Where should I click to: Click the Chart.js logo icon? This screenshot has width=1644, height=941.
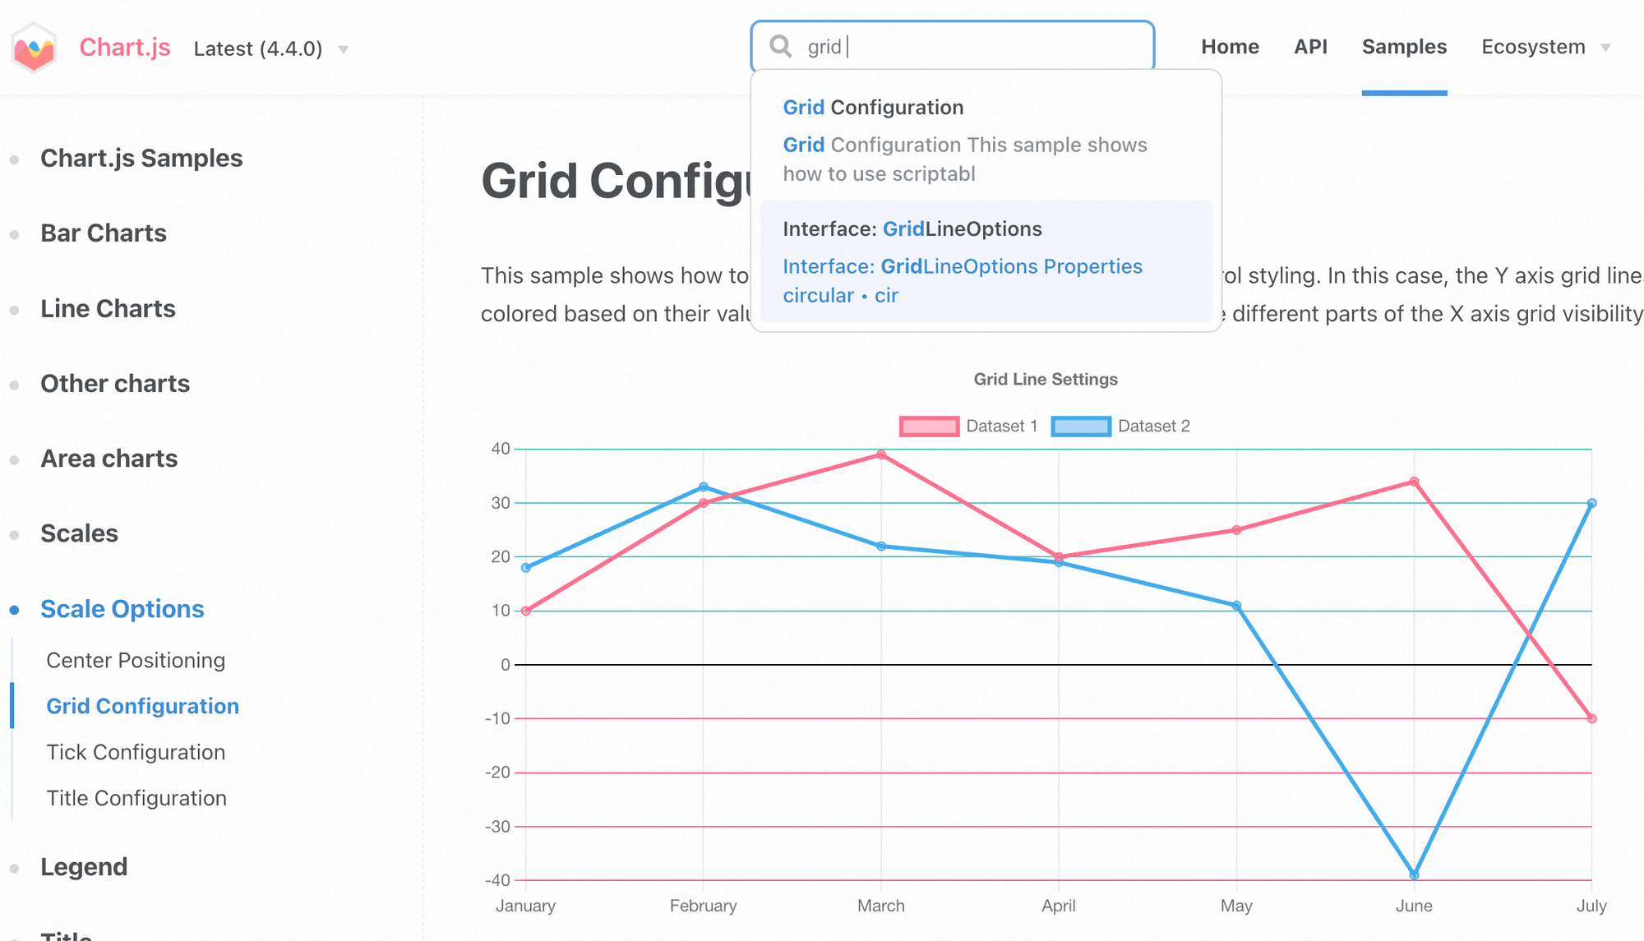(x=34, y=48)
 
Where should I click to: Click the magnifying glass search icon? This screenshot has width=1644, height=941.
(x=780, y=46)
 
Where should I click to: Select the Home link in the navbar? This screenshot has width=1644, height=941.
(x=1230, y=47)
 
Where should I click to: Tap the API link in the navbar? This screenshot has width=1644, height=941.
(x=1310, y=47)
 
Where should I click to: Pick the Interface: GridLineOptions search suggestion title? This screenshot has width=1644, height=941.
(x=912, y=228)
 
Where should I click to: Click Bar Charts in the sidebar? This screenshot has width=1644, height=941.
(x=104, y=233)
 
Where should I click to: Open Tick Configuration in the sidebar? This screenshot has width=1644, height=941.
(x=136, y=752)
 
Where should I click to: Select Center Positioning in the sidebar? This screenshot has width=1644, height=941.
(x=136, y=660)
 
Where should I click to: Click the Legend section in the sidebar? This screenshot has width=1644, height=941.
(x=84, y=867)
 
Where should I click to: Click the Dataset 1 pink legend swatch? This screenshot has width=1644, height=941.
(x=929, y=426)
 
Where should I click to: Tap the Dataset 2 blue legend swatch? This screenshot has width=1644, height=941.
(x=1081, y=426)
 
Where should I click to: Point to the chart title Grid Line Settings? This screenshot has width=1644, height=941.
(x=1046, y=379)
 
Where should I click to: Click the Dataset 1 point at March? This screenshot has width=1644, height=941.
(x=881, y=454)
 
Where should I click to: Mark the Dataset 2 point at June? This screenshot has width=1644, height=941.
(x=1414, y=875)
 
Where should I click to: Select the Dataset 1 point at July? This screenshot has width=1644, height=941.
(x=1591, y=718)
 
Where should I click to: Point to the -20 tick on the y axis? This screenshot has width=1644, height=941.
(x=497, y=773)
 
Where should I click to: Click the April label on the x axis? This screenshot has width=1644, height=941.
(x=1059, y=906)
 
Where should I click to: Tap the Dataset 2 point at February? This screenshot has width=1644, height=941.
(x=704, y=487)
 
